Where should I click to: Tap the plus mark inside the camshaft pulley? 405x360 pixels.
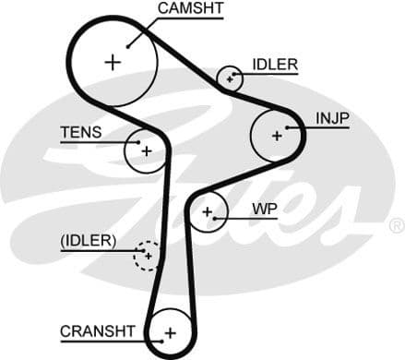coord(113,62)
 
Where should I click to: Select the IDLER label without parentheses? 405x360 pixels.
coord(274,65)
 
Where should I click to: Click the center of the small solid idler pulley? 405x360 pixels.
coord(230,79)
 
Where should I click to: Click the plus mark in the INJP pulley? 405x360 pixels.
coord(276,135)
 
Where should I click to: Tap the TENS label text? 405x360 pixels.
coord(81,132)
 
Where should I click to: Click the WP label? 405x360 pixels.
coord(265,208)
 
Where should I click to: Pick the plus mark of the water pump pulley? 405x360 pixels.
coord(208,213)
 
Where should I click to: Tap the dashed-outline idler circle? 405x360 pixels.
coord(147,254)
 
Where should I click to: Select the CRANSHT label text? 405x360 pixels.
coord(98,330)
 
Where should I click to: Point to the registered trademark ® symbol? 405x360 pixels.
coord(396,225)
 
